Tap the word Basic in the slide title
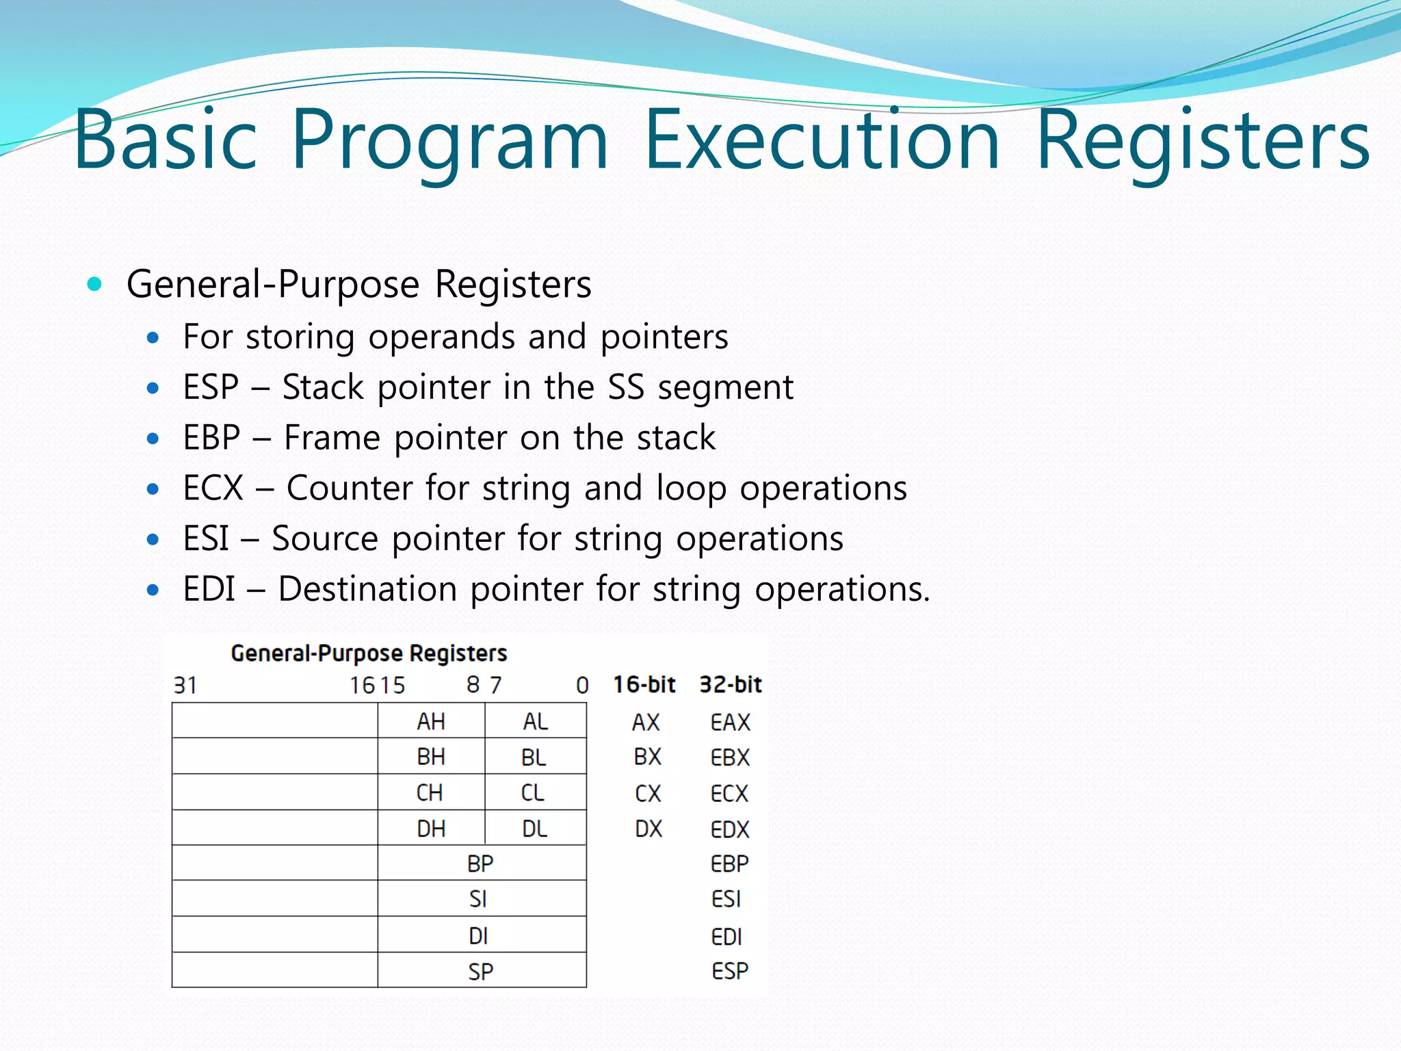click(165, 140)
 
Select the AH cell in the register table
click(431, 721)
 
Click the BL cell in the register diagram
click(534, 757)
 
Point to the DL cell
click(535, 829)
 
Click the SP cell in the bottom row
click(481, 971)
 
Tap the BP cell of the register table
click(480, 864)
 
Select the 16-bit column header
click(644, 684)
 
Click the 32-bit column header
click(730, 684)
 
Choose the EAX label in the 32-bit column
click(730, 722)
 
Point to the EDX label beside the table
click(730, 829)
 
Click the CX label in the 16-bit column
click(648, 793)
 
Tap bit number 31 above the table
click(185, 685)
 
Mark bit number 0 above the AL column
click(582, 685)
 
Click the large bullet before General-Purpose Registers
click(95, 283)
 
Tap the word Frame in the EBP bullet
click(332, 437)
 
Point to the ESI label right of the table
click(726, 899)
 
